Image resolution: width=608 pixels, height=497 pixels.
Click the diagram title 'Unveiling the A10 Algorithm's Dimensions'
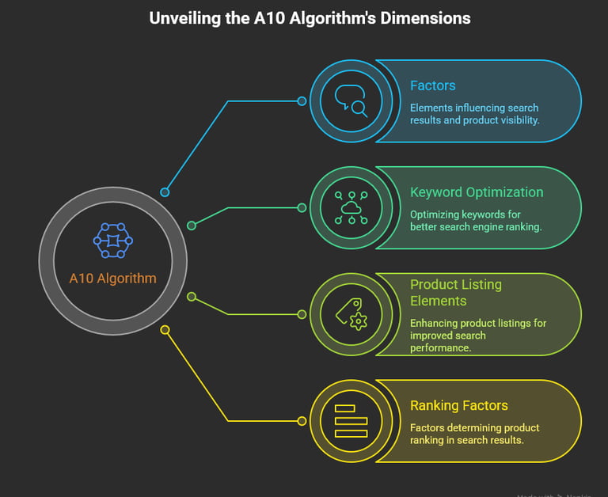click(310, 17)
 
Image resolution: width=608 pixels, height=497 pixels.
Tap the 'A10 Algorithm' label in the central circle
click(112, 278)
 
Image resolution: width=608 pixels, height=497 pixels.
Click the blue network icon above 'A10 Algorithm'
click(112, 240)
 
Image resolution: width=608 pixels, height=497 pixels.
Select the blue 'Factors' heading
click(432, 85)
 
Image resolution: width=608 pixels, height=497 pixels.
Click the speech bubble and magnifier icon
click(351, 101)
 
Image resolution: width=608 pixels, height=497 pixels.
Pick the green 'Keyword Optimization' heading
click(477, 192)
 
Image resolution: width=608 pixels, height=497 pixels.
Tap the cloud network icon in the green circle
click(351, 207)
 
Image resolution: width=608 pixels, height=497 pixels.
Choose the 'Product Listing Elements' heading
click(456, 292)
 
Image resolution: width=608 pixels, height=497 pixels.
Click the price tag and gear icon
click(351, 314)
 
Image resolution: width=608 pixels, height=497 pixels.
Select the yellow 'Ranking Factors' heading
click(459, 405)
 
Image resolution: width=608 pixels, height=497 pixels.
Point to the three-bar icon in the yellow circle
click(351, 421)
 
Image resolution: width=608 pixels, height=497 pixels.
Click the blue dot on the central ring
click(165, 192)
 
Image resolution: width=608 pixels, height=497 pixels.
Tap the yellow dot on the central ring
click(165, 329)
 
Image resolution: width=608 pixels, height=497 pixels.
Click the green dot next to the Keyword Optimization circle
click(302, 208)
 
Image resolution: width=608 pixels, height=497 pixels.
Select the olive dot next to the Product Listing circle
click(302, 314)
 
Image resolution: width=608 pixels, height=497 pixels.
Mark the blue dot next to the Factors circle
click(302, 101)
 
